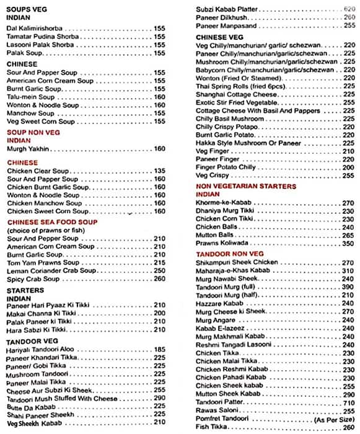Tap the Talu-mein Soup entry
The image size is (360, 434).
click(x=30, y=97)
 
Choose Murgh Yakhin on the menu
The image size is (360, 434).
click(x=28, y=149)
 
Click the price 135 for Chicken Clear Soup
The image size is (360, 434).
click(x=159, y=170)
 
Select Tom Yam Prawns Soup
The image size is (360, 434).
click(x=40, y=262)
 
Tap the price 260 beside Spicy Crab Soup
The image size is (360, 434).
click(x=159, y=279)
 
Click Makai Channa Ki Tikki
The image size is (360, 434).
click(x=41, y=313)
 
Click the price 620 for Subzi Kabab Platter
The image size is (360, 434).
click(x=349, y=9)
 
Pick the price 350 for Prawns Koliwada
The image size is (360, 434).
click(x=349, y=244)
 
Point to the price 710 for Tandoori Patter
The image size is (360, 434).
click(x=349, y=402)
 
